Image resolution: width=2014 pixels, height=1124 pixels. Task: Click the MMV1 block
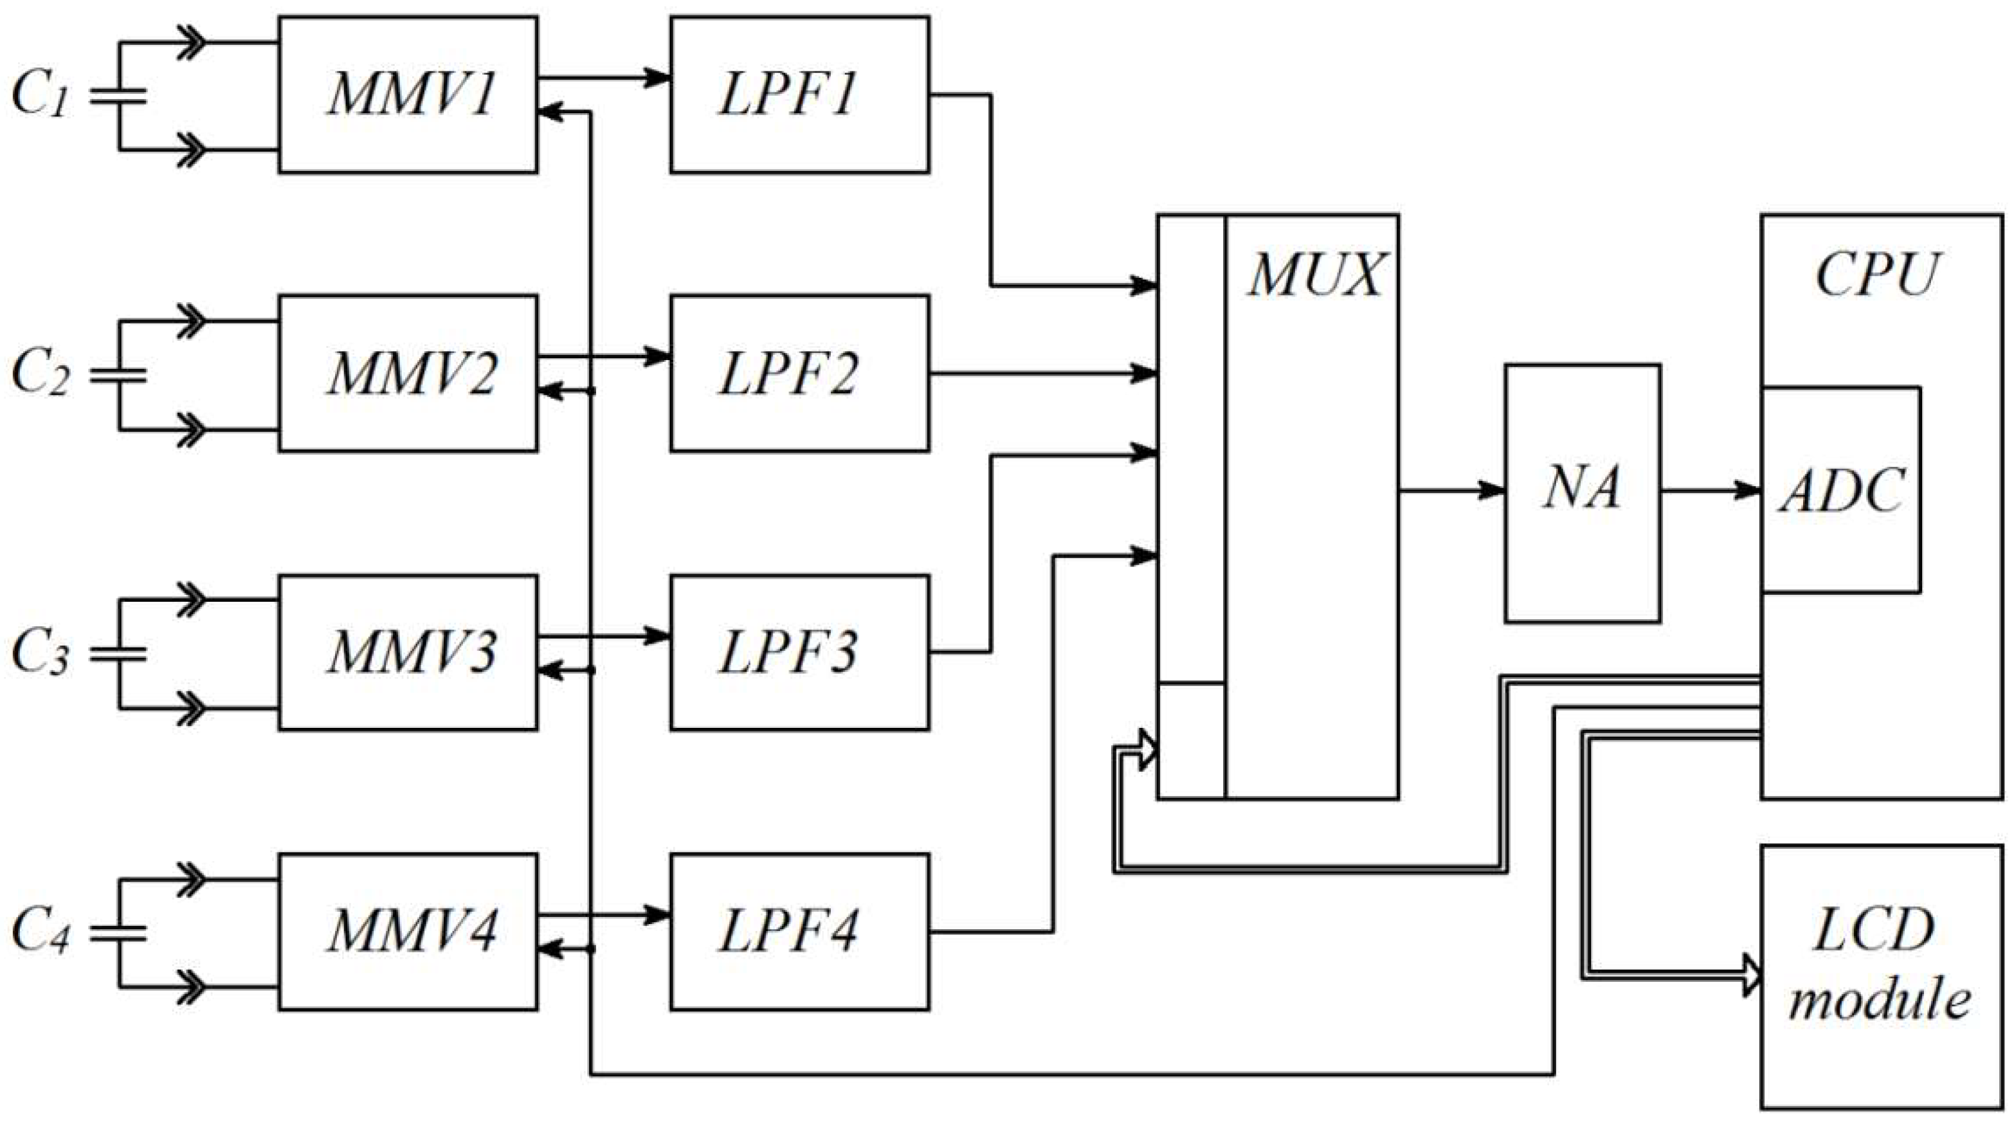[x=408, y=95]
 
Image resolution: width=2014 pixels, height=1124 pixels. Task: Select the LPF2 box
[x=799, y=373]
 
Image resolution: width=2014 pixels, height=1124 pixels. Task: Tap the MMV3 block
[x=408, y=653]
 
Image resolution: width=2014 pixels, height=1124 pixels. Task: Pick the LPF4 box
[x=799, y=932]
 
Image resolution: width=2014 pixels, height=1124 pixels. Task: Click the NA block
[x=1583, y=493]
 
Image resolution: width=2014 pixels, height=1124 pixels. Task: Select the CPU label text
[x=1876, y=275]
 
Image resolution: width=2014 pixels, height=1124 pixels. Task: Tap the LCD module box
[x=1880, y=977]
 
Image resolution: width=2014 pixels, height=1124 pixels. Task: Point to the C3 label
[x=39, y=653]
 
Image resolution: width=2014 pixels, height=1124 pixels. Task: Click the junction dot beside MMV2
[x=591, y=391]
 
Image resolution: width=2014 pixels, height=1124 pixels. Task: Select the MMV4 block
[x=408, y=932]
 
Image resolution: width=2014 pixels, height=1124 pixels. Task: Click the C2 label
[x=39, y=373]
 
